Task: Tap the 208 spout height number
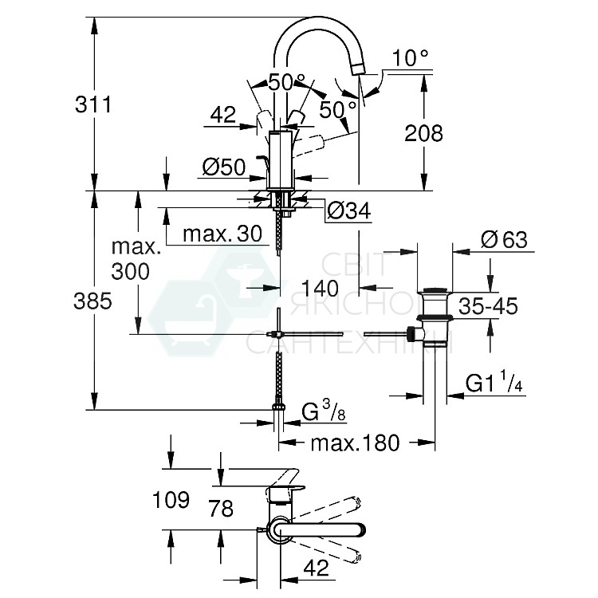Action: pyautogui.click(x=423, y=132)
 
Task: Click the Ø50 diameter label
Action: pyautogui.click(x=222, y=167)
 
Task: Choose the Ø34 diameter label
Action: pyautogui.click(x=348, y=211)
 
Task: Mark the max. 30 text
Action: pyautogui.click(x=222, y=234)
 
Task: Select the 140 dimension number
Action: pyautogui.click(x=320, y=287)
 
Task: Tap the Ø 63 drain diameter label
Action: pyautogui.click(x=505, y=240)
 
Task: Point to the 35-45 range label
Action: pyautogui.click(x=488, y=305)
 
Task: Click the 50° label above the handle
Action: pyautogui.click(x=286, y=81)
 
